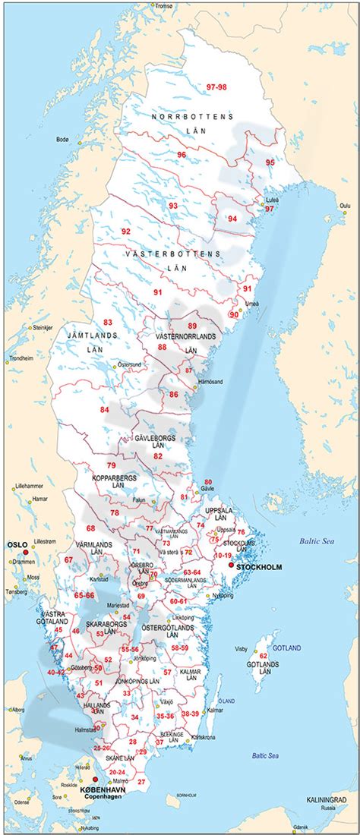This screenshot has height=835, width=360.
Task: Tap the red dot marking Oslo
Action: [x=25, y=553]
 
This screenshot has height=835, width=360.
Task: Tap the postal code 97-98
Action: [x=216, y=87]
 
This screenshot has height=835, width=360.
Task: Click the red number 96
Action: [x=182, y=154]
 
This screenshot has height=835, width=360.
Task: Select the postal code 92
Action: [x=126, y=231]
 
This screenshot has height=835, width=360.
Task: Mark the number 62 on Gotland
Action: [x=264, y=656]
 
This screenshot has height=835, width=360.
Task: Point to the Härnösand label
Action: [x=208, y=381]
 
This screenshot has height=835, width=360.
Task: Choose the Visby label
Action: [x=242, y=649]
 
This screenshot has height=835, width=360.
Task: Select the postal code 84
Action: [x=105, y=410]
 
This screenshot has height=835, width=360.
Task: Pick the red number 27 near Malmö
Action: [x=141, y=781]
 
